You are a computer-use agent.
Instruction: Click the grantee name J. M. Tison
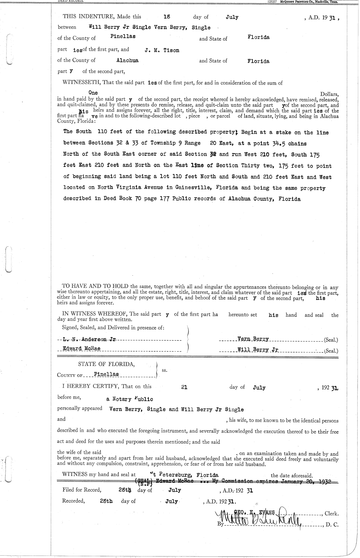click(x=162, y=50)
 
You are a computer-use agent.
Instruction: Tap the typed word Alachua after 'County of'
click(x=127, y=60)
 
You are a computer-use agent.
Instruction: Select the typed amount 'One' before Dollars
click(x=93, y=93)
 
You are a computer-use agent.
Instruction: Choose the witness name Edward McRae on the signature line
click(x=81, y=349)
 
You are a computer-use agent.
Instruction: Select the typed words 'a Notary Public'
click(x=130, y=399)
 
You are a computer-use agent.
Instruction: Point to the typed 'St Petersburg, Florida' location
click(x=186, y=475)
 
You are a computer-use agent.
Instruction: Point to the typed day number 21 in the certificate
click(x=184, y=387)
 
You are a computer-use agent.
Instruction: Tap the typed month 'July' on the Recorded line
click(x=172, y=502)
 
